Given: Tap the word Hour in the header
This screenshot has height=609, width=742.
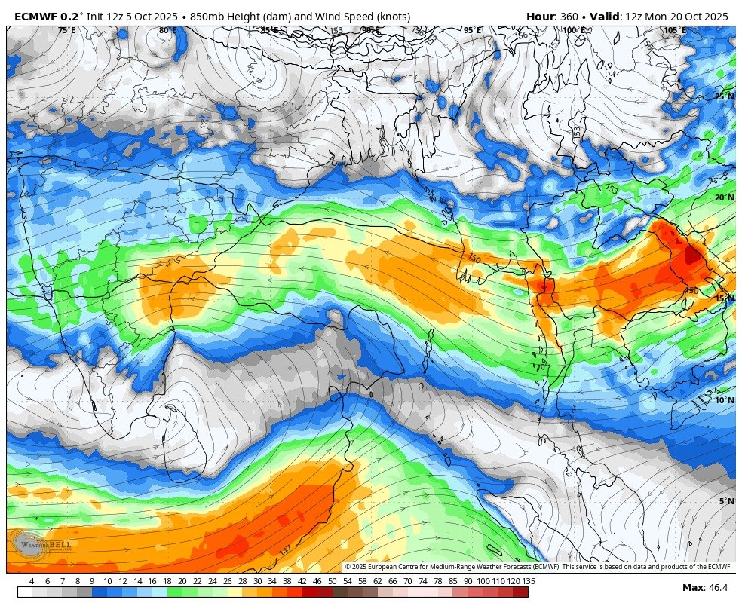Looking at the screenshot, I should coord(540,17).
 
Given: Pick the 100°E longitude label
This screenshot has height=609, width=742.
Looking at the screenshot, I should coord(574,31).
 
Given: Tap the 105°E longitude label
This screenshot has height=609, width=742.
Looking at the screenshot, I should coord(675,31).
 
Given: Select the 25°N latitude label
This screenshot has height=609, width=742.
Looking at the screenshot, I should coord(724,97).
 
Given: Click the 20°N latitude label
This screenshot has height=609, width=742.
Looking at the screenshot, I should coord(724,198).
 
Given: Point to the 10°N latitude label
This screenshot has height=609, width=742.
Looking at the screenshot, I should coord(724,400).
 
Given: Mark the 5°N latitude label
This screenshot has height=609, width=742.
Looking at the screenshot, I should coord(726,501).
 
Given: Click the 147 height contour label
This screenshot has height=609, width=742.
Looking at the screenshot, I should coord(286,551).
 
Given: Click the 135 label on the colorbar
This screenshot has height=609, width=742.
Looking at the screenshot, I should coord(529,581).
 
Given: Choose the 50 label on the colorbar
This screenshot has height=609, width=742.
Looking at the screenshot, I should coord(332,581).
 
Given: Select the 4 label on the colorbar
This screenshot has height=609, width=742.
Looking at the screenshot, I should coord(32,581).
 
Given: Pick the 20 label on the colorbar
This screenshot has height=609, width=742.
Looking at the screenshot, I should coord(182,581).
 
